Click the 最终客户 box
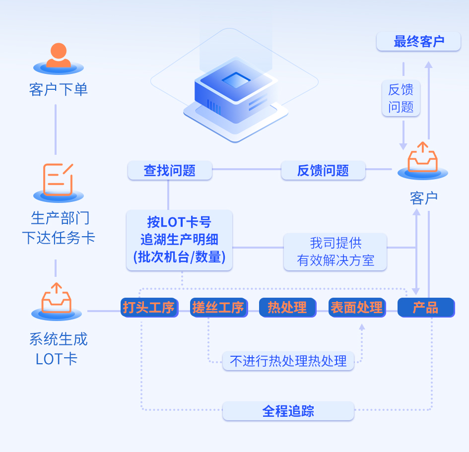pos(418,42)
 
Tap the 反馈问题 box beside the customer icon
pos(323,171)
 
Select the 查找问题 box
pos(170,171)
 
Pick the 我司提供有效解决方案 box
pos(335,252)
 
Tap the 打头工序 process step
pos(149,308)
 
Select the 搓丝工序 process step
pos(218,308)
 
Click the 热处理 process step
pos(287,308)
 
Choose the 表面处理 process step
pos(357,308)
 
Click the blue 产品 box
pos(426,308)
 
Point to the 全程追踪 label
pos(288,411)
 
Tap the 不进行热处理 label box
pos(288,361)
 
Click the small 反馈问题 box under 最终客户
pos(401,98)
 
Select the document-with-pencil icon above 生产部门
pos(58,180)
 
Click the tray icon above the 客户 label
pos(423,158)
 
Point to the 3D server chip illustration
pos(235,94)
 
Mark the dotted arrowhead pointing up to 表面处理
pos(362,327)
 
